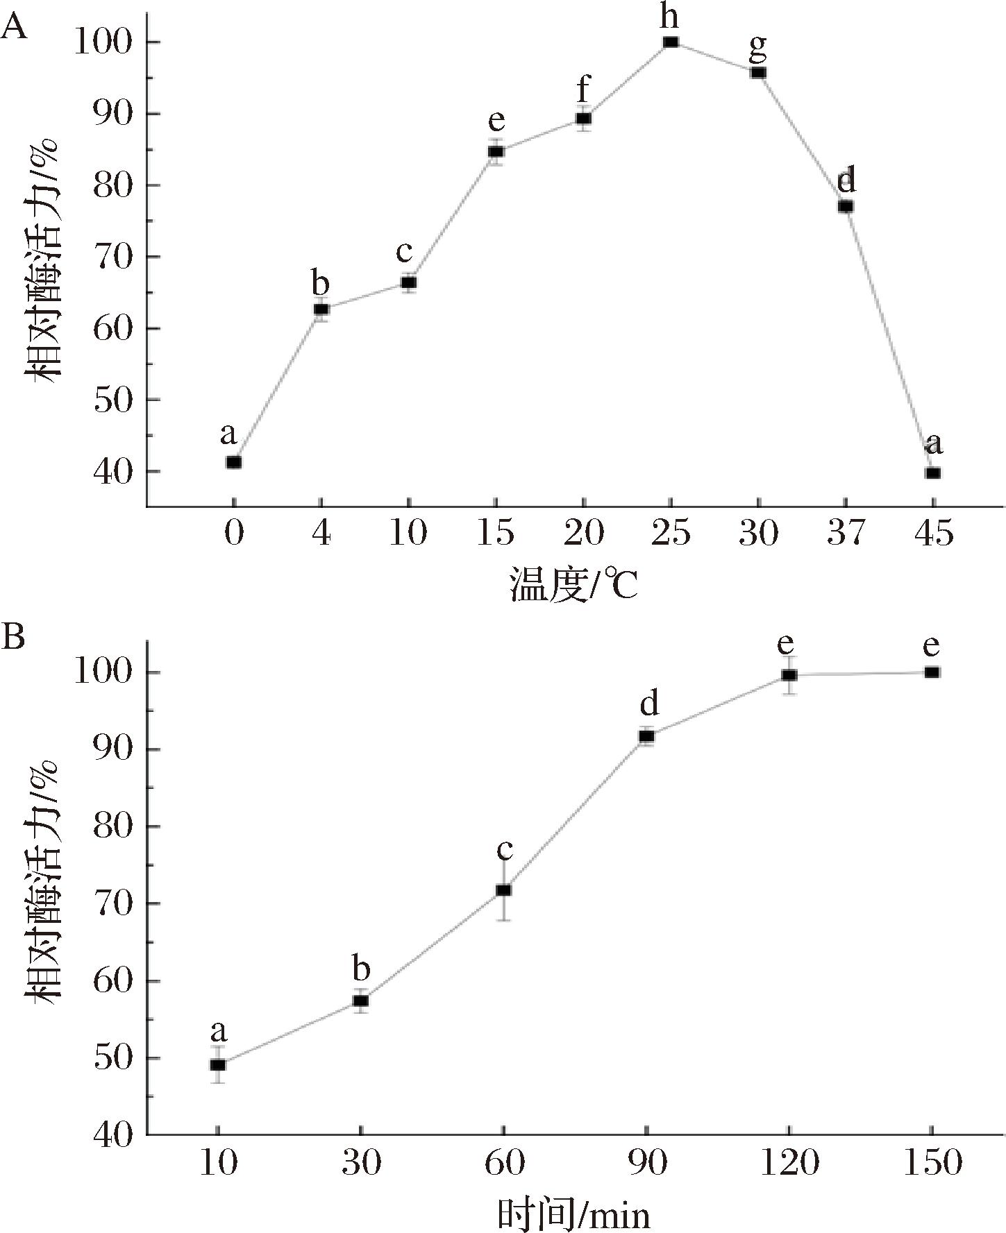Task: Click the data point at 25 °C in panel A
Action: pos(670,42)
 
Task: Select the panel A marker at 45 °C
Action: pos(932,473)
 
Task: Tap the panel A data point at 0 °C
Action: pos(234,462)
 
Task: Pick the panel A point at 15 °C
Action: pos(496,151)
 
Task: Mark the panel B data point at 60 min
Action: pos(503,890)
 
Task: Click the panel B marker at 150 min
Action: pos(932,672)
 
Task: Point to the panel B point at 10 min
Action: pos(218,1064)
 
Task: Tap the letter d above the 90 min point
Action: pos(648,704)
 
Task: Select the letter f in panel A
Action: pos(583,90)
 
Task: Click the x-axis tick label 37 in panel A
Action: pos(846,534)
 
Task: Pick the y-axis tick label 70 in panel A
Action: pos(112,257)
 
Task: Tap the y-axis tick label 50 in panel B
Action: pos(112,1058)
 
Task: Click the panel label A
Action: pos(15,28)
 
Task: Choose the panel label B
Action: pos(13,636)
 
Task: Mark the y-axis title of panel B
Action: pos(44,878)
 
